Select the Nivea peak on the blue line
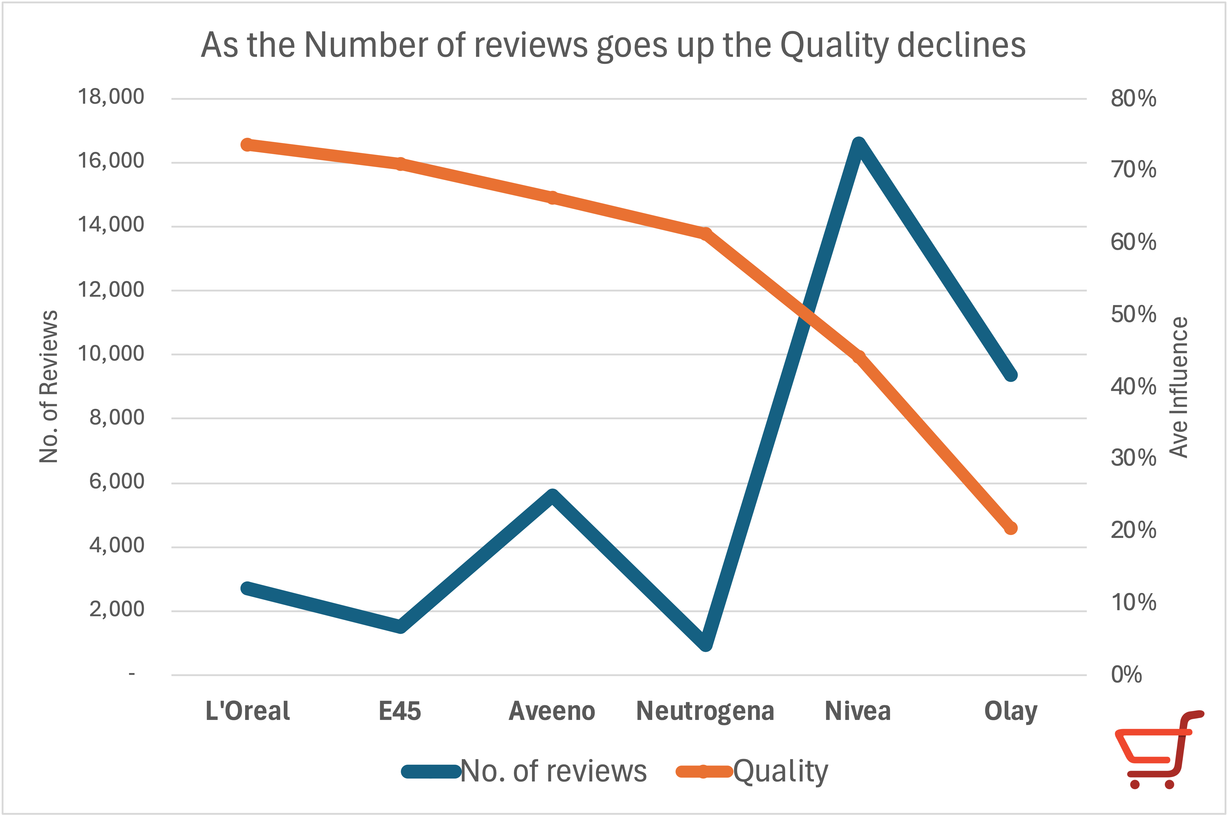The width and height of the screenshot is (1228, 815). coord(859,145)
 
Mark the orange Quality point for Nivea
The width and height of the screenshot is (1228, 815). coord(859,357)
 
